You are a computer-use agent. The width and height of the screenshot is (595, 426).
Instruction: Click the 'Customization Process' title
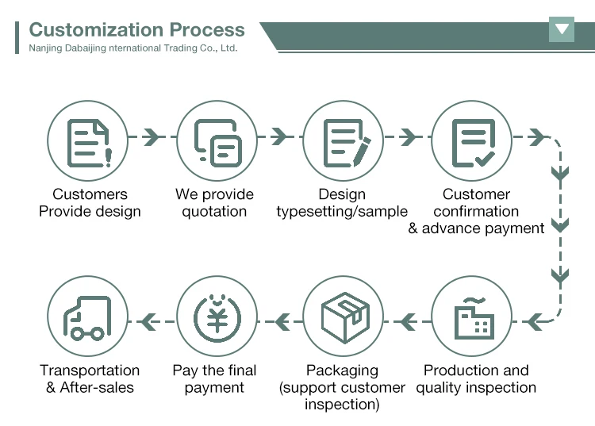pyautogui.click(x=136, y=30)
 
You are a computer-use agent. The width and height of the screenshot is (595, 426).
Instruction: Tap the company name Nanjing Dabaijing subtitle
pyautogui.click(x=132, y=48)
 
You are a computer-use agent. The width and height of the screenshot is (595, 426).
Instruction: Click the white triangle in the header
pyautogui.click(x=562, y=30)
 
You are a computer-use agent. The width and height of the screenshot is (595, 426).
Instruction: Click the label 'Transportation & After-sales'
pyautogui.click(x=90, y=379)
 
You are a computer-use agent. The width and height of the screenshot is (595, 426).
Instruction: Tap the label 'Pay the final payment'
pyautogui.click(x=214, y=379)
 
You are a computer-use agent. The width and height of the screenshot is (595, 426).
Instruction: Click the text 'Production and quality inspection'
pyautogui.click(x=476, y=379)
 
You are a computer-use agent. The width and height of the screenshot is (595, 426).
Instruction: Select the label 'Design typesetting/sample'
pyautogui.click(x=342, y=203)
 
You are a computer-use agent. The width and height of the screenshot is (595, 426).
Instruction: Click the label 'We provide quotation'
pyautogui.click(x=214, y=203)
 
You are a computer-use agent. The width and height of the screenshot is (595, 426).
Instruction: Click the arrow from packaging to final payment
pyautogui.click(x=282, y=321)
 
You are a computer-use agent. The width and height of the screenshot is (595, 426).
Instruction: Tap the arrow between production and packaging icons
pyautogui.click(x=409, y=321)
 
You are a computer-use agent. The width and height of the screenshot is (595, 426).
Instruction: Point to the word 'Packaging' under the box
pyautogui.click(x=343, y=370)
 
